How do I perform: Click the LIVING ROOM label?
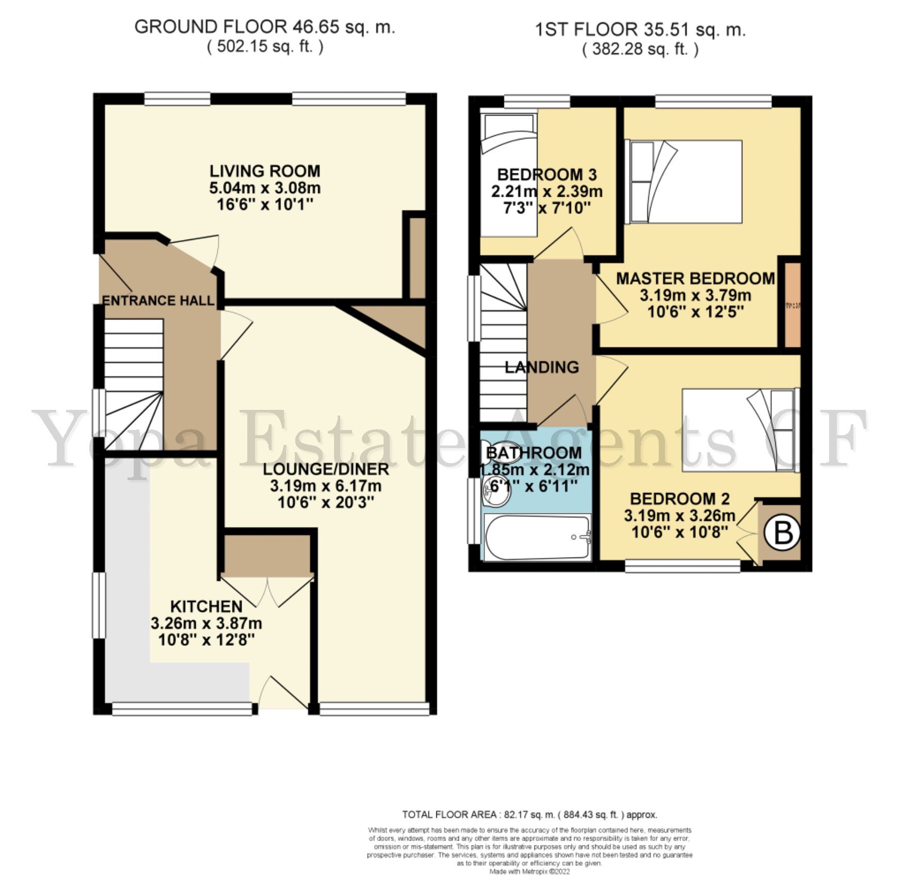264,171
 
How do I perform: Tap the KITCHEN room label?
206,606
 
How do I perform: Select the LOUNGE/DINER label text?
325,469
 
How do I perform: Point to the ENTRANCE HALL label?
158,300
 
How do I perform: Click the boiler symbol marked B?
783,533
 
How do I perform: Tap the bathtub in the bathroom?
537,537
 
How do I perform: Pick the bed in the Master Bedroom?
684,182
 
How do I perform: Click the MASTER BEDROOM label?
695,279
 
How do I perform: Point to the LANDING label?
542,368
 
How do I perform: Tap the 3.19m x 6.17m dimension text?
325,486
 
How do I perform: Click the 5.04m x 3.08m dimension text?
264,187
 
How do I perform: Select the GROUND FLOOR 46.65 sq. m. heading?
264,27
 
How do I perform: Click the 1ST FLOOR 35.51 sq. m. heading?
640,29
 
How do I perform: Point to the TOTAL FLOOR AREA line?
529,815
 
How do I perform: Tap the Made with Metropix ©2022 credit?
529,871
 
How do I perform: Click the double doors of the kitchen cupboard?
267,590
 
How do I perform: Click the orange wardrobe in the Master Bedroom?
792,305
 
